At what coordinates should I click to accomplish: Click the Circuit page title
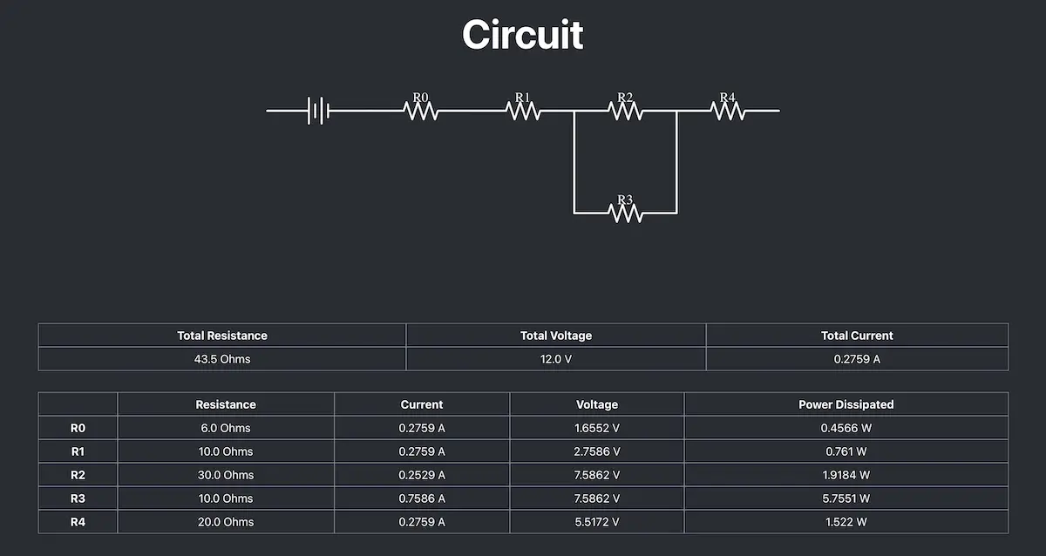point(522,35)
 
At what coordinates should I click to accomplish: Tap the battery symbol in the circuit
point(318,111)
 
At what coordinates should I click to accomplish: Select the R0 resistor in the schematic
point(420,111)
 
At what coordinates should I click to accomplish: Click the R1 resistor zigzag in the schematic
point(523,111)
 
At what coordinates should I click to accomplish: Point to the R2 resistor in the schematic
point(625,111)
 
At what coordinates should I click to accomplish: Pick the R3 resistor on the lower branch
point(625,213)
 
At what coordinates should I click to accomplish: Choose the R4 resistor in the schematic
point(728,111)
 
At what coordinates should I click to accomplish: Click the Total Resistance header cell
point(222,336)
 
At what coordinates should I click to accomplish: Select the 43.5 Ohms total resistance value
point(222,359)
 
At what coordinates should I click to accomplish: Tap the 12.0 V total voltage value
point(556,359)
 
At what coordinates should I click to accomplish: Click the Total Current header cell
point(857,336)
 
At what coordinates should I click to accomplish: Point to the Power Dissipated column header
point(846,404)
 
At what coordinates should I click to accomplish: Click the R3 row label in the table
point(78,498)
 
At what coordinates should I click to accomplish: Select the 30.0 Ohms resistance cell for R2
point(226,475)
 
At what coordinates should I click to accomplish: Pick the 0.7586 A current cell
point(422,498)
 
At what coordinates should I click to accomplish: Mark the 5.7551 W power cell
point(846,498)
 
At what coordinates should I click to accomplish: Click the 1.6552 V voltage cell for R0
point(597,428)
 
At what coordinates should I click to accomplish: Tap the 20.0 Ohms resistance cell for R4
point(226,522)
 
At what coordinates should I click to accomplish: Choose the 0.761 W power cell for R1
point(846,451)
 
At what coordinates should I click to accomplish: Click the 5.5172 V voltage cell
point(597,522)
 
